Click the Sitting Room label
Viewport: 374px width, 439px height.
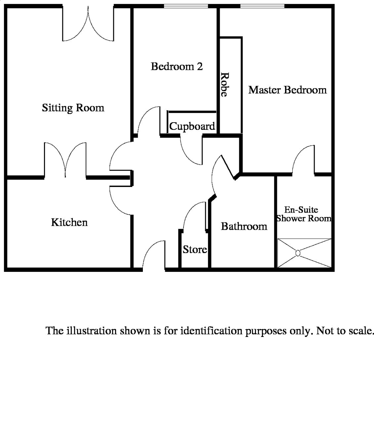coord(73,108)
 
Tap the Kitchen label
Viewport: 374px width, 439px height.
coord(69,222)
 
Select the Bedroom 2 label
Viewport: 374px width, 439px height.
coord(177,67)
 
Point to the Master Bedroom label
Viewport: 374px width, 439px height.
coord(288,90)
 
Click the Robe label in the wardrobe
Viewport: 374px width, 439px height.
coord(225,85)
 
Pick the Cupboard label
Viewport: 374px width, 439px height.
coord(192,127)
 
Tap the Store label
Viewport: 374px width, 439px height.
coord(195,249)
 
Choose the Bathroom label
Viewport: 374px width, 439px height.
coord(244,226)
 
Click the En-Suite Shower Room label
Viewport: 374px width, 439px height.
coord(304,214)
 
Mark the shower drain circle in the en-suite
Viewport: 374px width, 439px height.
coord(298,253)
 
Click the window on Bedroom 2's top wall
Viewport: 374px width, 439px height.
coord(186,6)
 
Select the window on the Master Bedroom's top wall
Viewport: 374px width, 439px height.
coord(262,6)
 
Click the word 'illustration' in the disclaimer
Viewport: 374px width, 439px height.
coord(92,331)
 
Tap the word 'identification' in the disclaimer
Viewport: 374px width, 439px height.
coord(211,331)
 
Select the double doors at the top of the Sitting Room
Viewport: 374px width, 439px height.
coord(88,23)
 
